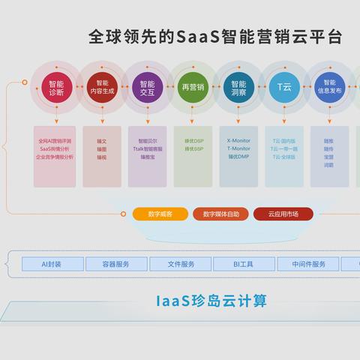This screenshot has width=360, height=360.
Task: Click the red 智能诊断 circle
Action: tap(56, 88)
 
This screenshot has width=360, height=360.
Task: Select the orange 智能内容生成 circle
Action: tap(103, 88)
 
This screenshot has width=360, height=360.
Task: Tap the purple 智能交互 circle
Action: tap(147, 88)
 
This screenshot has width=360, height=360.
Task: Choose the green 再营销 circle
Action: tap(193, 88)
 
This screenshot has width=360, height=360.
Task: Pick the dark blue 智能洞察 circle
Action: tap(238, 88)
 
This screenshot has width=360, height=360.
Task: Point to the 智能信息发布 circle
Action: tap(329, 88)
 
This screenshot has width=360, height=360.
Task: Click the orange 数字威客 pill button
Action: tap(160, 214)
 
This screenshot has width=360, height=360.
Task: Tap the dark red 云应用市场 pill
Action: tap(283, 214)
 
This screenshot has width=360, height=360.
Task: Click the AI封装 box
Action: tap(52, 264)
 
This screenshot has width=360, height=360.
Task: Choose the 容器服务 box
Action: tap(115, 264)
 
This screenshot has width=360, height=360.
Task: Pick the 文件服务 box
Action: tap(180, 264)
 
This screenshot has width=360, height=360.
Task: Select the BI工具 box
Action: tap(244, 264)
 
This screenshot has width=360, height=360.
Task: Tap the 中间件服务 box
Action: tap(308, 264)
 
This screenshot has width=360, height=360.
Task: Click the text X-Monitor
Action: tap(238, 140)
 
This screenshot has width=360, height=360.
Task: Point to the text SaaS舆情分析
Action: tap(56, 148)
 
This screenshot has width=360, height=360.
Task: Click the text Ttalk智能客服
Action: tap(148, 148)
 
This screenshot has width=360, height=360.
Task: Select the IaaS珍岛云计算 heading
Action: tap(211, 301)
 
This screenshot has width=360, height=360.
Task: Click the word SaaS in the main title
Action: tap(196, 37)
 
